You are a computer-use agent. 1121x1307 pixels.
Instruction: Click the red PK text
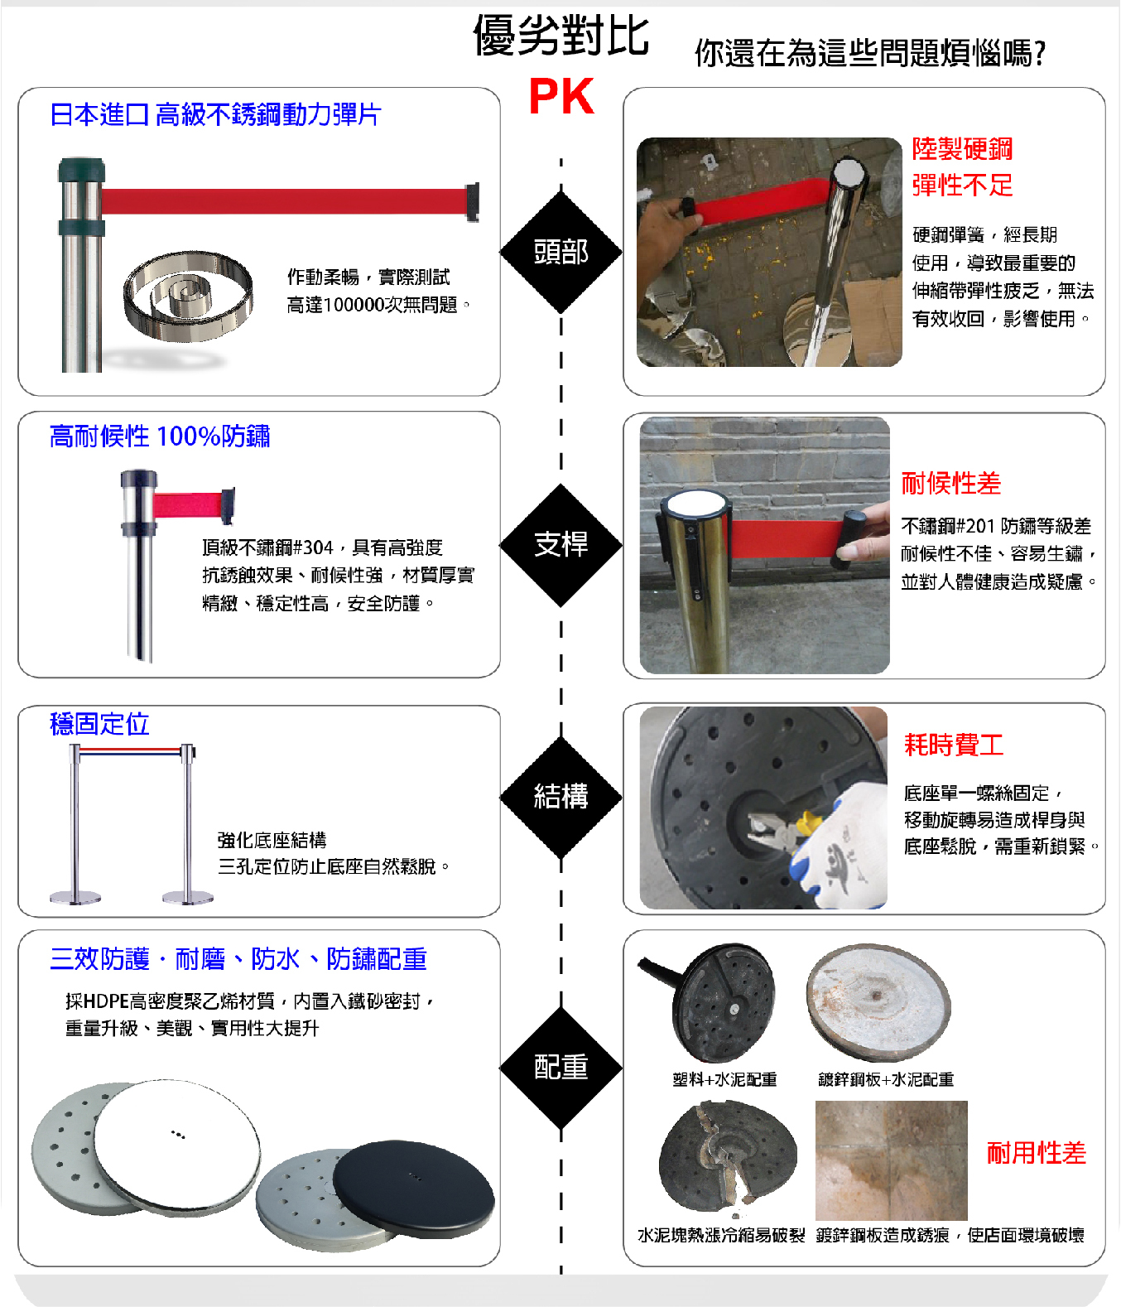[561, 96]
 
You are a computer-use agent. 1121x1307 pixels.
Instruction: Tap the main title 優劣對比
[561, 36]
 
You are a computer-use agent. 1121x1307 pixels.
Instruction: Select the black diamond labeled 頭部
[560, 252]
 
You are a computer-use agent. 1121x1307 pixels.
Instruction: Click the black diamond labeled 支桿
[560, 544]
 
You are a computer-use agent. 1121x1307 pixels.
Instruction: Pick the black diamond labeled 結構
[560, 797]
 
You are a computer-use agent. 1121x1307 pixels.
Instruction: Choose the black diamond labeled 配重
[560, 1068]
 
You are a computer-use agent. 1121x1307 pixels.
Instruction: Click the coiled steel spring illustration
[188, 296]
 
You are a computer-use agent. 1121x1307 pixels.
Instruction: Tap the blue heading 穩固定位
[99, 723]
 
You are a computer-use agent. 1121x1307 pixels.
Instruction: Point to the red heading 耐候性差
[950, 483]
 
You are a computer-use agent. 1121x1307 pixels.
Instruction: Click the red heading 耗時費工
[954, 745]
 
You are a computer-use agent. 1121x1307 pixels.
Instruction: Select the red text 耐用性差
[1037, 1153]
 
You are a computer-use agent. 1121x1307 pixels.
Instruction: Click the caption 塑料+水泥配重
[724, 1078]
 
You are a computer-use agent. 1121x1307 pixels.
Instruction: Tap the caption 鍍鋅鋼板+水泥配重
[885, 1078]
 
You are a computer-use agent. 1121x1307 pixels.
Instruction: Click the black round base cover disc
[414, 1189]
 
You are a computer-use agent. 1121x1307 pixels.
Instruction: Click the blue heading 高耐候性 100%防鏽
[160, 436]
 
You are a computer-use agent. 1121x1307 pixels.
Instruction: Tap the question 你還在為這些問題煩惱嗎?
[870, 52]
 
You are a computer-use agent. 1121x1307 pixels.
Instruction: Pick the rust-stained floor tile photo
[891, 1160]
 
